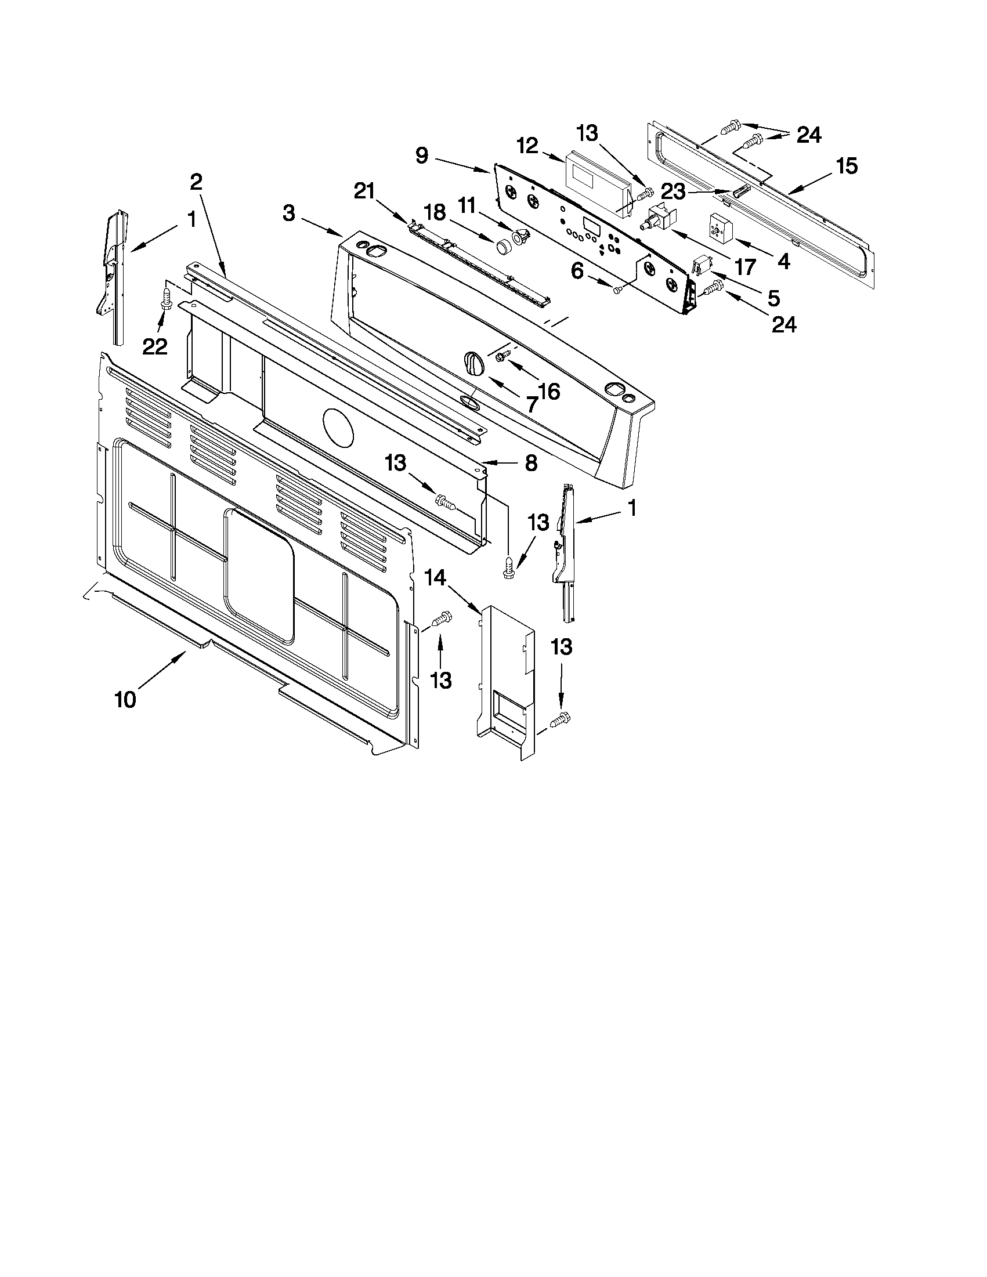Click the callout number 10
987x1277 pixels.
125,699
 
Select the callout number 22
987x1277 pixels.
155,348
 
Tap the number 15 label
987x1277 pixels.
846,166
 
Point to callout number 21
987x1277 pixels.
367,191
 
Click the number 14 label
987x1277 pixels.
435,578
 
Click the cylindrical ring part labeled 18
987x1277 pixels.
504,247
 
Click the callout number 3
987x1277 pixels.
289,214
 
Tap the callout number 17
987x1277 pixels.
745,267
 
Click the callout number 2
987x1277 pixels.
197,182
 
